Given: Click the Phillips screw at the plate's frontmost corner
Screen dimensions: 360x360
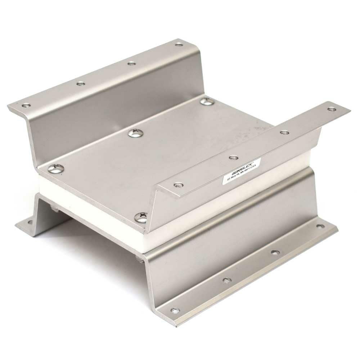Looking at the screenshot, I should point(141,217).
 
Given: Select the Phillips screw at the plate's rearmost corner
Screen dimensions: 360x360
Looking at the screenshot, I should point(207,102).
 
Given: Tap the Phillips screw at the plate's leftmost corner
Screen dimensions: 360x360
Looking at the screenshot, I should point(56,168).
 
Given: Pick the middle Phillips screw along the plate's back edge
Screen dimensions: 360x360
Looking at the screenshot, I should point(136,133).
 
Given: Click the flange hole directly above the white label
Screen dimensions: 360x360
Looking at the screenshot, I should point(233,157).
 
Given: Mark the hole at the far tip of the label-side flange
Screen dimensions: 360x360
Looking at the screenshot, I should point(332,109).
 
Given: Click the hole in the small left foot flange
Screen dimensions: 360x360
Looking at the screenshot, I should point(30,222).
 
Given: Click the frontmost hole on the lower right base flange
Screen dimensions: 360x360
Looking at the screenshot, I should point(175,310).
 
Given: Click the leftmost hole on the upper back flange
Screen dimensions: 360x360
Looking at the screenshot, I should point(26,105).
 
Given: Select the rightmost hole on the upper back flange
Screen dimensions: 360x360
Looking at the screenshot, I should point(179,44).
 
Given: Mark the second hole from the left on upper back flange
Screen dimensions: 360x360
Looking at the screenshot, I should point(81,84).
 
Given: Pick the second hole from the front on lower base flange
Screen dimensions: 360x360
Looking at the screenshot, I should point(227,280).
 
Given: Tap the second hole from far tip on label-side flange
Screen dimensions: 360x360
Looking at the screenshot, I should point(284,132).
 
